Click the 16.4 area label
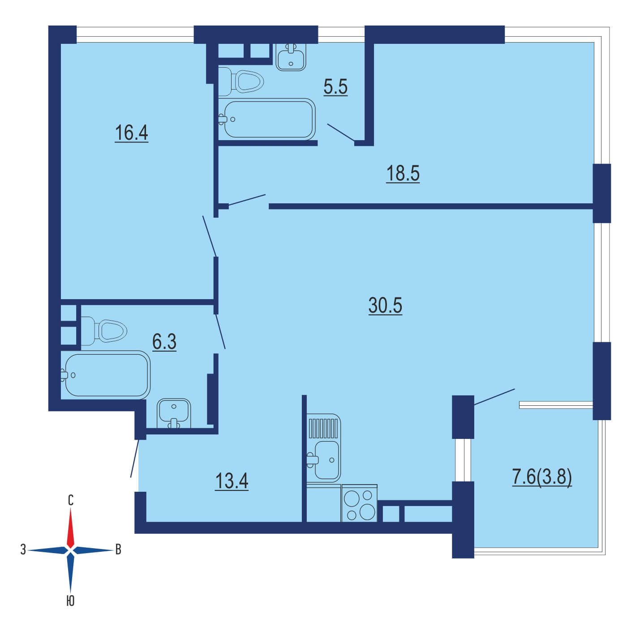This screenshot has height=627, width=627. pos(132,133)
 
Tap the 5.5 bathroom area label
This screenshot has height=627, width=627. pos(335,87)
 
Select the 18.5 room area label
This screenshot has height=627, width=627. pos(403,173)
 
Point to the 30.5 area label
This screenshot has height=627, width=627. pos(385,305)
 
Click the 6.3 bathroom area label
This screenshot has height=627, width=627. pos(164,342)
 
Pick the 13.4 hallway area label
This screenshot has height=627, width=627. pos(232,481)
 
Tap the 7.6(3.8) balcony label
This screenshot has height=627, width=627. pos(542,478)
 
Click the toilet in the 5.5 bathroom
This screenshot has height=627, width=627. pos(241,82)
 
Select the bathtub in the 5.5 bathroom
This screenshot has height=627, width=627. pos(267,119)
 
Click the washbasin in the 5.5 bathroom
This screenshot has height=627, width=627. pos(291,57)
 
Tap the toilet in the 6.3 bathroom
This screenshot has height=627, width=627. pos(103,331)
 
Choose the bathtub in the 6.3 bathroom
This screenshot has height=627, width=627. pos(105,375)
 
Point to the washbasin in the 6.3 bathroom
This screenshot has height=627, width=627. pos(174,413)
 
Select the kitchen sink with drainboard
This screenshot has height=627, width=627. pos(324,448)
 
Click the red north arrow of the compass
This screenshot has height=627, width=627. pos(70,528)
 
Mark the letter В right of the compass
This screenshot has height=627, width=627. pos(118,550)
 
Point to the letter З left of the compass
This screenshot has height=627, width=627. pos(23,550)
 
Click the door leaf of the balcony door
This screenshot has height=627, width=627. pos(494,397)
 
